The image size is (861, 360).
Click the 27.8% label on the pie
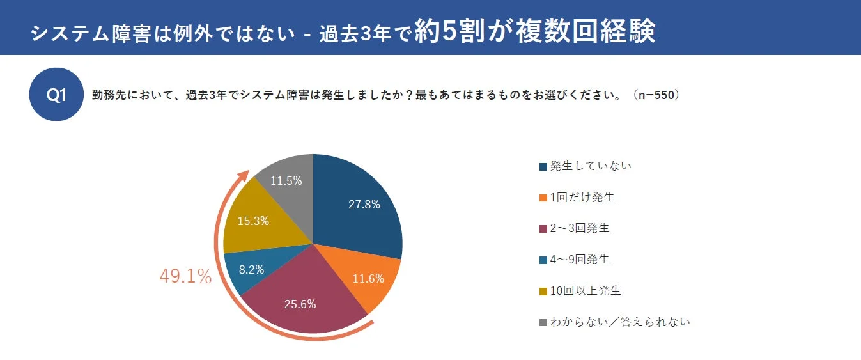click(364, 205)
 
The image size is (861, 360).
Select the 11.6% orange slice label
click(368, 278)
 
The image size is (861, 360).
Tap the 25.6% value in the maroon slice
click(300, 304)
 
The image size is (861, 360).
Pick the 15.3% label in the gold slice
click(253, 221)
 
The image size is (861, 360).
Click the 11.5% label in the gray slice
click(286, 181)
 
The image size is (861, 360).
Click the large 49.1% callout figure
click(185, 277)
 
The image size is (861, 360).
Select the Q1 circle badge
click(57, 95)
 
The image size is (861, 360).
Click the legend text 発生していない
click(590, 166)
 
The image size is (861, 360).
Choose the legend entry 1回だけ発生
click(582, 198)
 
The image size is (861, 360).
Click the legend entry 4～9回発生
click(579, 260)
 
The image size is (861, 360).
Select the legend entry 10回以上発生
click(585, 290)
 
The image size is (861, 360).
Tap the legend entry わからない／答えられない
click(619, 322)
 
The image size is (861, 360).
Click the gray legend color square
click(543, 322)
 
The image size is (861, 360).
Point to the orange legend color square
click(543, 198)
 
